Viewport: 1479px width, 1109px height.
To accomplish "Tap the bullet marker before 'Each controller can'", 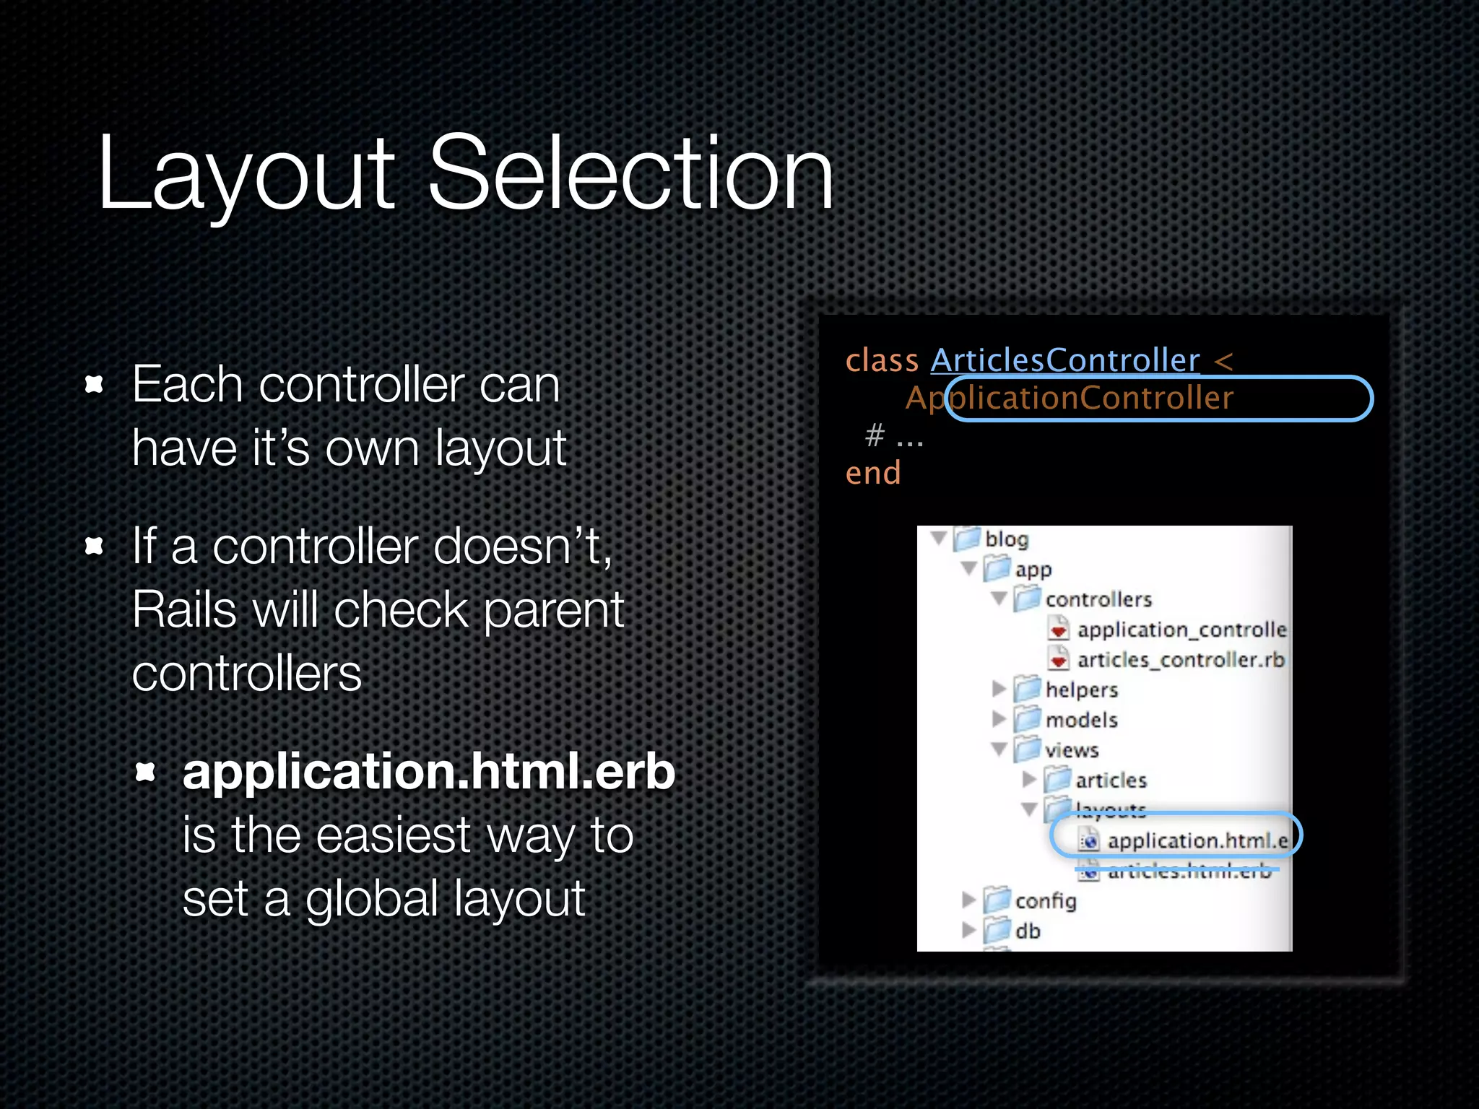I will pyautogui.click(x=94, y=384).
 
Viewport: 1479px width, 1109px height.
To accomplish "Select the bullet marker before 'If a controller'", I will pyautogui.click(x=94, y=546).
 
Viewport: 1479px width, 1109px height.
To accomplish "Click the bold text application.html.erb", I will pyautogui.click(x=428, y=771).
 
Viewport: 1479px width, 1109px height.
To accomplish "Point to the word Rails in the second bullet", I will pyautogui.click(x=184, y=609).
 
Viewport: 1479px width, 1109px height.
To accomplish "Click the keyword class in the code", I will pyautogui.click(x=882, y=360).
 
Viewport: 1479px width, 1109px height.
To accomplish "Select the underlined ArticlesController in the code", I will pyautogui.click(x=1064, y=360).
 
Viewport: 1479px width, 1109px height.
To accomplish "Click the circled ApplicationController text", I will pyautogui.click(x=1069, y=398).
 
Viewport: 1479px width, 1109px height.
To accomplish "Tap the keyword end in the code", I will pyautogui.click(x=873, y=473).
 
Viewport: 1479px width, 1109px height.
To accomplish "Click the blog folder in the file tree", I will pyautogui.click(x=1005, y=539).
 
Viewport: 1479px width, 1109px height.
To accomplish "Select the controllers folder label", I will pyautogui.click(x=1098, y=599).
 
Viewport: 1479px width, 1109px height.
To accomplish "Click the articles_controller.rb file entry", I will pyautogui.click(x=1180, y=659).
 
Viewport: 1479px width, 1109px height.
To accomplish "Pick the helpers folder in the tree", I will pyautogui.click(x=1080, y=690).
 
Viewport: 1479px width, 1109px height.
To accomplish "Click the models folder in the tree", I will pyautogui.click(x=1080, y=720).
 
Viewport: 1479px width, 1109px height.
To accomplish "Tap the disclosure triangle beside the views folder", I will pyautogui.click(x=999, y=749).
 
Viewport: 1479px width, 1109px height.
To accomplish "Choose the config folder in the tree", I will pyautogui.click(x=1044, y=900).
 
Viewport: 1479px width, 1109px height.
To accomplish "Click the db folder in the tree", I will pyautogui.click(x=1027, y=931).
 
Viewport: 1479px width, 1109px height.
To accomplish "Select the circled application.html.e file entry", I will pyautogui.click(x=1196, y=840).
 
